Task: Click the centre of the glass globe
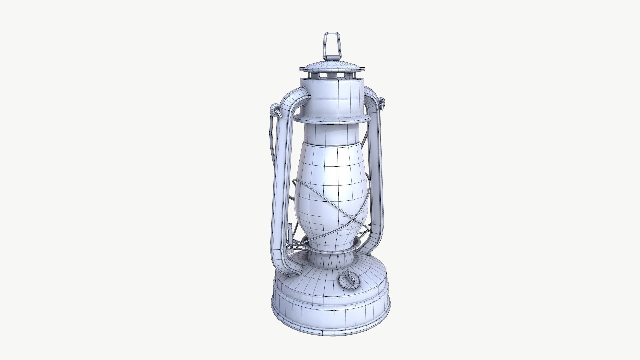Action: coord(332,190)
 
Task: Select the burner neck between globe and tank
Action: coord(332,257)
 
